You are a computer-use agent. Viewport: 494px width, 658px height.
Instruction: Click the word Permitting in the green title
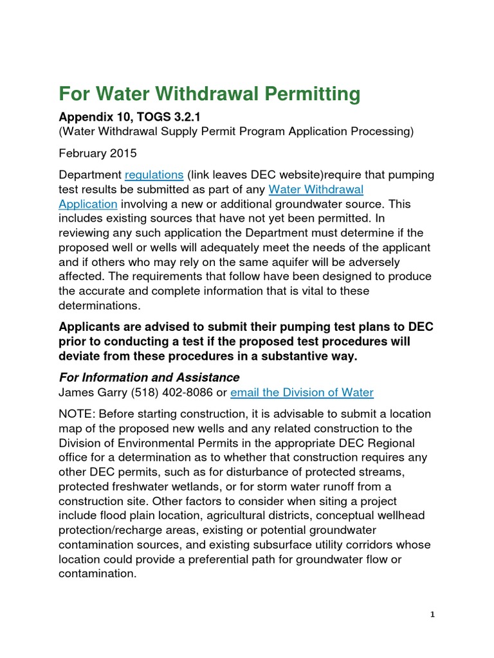click(309, 94)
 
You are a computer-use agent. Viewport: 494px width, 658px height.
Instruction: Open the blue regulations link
click(154, 175)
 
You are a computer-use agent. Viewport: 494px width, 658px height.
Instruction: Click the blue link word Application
click(87, 204)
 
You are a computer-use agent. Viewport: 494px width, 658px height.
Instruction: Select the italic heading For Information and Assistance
click(149, 377)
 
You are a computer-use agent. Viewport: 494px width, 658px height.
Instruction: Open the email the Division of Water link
click(302, 392)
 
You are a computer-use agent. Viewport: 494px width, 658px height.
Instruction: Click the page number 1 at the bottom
click(433, 615)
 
